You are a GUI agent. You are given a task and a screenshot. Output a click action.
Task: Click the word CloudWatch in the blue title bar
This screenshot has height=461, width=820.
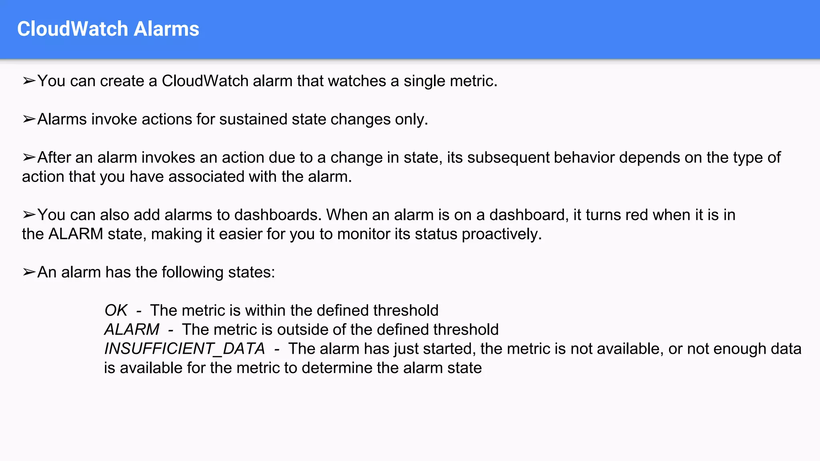72,29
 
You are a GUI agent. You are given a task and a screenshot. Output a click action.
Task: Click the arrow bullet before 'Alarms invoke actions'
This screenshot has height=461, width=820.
29,119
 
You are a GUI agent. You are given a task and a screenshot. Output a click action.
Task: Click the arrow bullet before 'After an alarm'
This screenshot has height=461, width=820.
29,158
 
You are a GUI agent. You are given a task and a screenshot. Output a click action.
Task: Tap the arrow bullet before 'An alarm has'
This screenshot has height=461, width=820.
29,272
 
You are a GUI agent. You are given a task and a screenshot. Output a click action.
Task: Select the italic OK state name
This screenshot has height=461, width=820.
116,311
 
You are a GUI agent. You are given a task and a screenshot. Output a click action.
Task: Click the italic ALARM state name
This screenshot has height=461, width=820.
132,330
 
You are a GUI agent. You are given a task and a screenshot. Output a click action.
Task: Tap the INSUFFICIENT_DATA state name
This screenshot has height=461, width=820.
185,349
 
